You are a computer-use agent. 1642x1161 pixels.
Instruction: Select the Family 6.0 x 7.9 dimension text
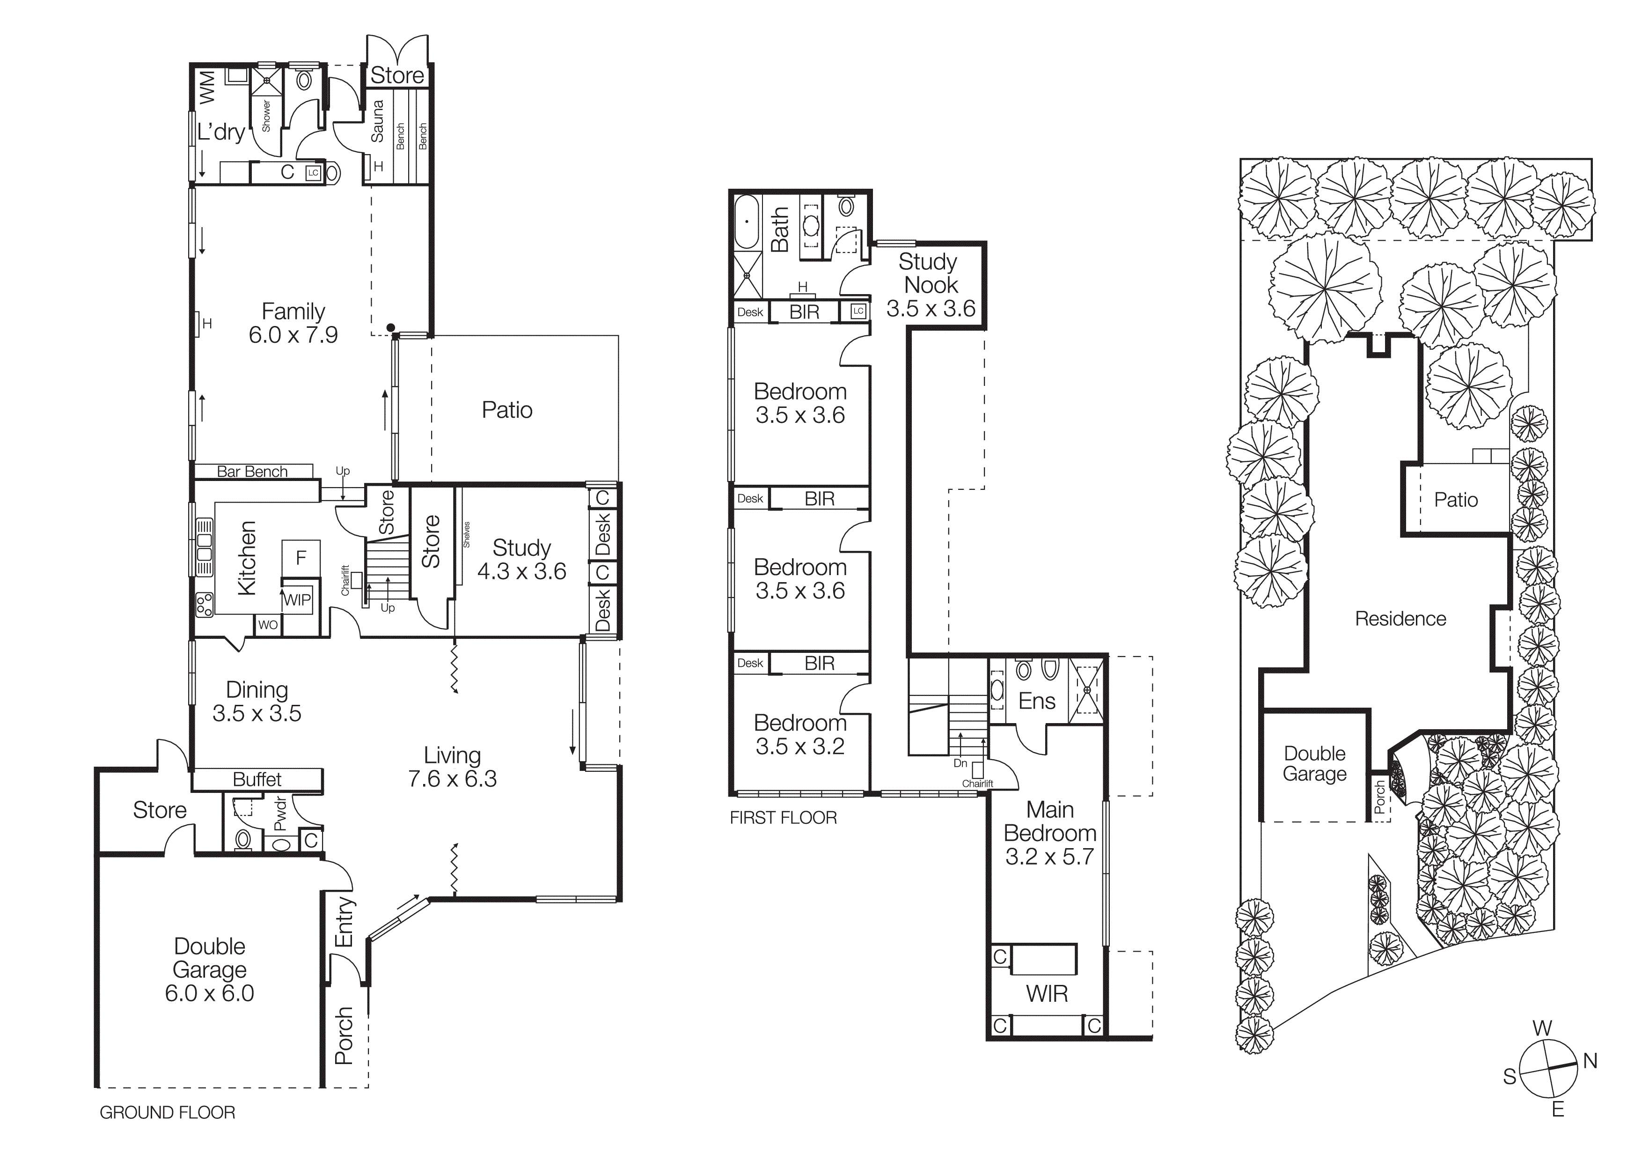[293, 335]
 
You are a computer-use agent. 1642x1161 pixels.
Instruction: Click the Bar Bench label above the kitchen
[252, 472]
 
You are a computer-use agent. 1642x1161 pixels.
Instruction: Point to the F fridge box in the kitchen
[301, 557]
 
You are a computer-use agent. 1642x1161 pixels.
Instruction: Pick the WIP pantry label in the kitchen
[297, 599]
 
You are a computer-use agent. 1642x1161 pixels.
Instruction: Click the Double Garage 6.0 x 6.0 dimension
[210, 993]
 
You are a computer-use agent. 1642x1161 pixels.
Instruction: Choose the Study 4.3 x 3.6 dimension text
[521, 571]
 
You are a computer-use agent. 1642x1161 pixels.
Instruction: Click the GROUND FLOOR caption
[168, 1112]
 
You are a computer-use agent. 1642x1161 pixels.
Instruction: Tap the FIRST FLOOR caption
[783, 818]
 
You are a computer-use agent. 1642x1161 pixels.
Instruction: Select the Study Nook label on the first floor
[930, 273]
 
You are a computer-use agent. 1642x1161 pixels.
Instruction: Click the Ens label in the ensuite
[1036, 701]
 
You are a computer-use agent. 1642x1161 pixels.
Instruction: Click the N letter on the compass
[1590, 1061]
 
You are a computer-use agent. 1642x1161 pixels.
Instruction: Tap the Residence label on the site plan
[1400, 619]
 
